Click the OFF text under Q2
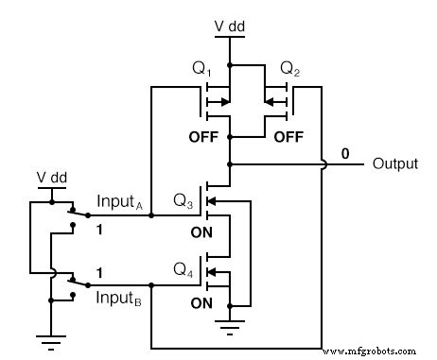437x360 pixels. pyautogui.click(x=289, y=136)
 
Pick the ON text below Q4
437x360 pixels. pyautogui.click(x=202, y=303)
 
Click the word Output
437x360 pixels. pyautogui.click(x=394, y=163)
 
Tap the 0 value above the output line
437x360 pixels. pyautogui.click(x=345, y=153)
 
